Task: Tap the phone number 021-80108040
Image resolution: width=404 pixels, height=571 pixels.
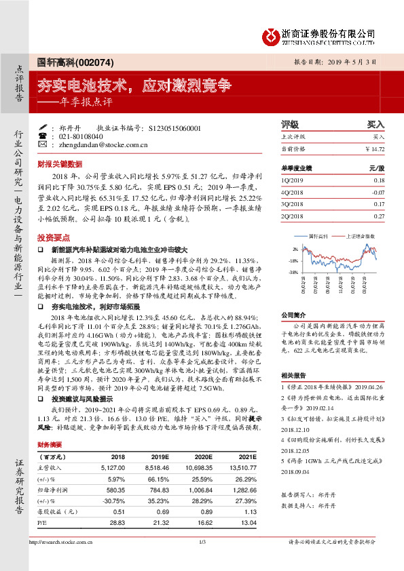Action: [84, 136]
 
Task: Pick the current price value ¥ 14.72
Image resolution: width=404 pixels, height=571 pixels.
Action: [375, 148]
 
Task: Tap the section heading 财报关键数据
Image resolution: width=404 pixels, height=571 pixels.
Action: [60, 164]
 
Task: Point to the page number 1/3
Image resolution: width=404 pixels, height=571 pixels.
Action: [202, 560]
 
